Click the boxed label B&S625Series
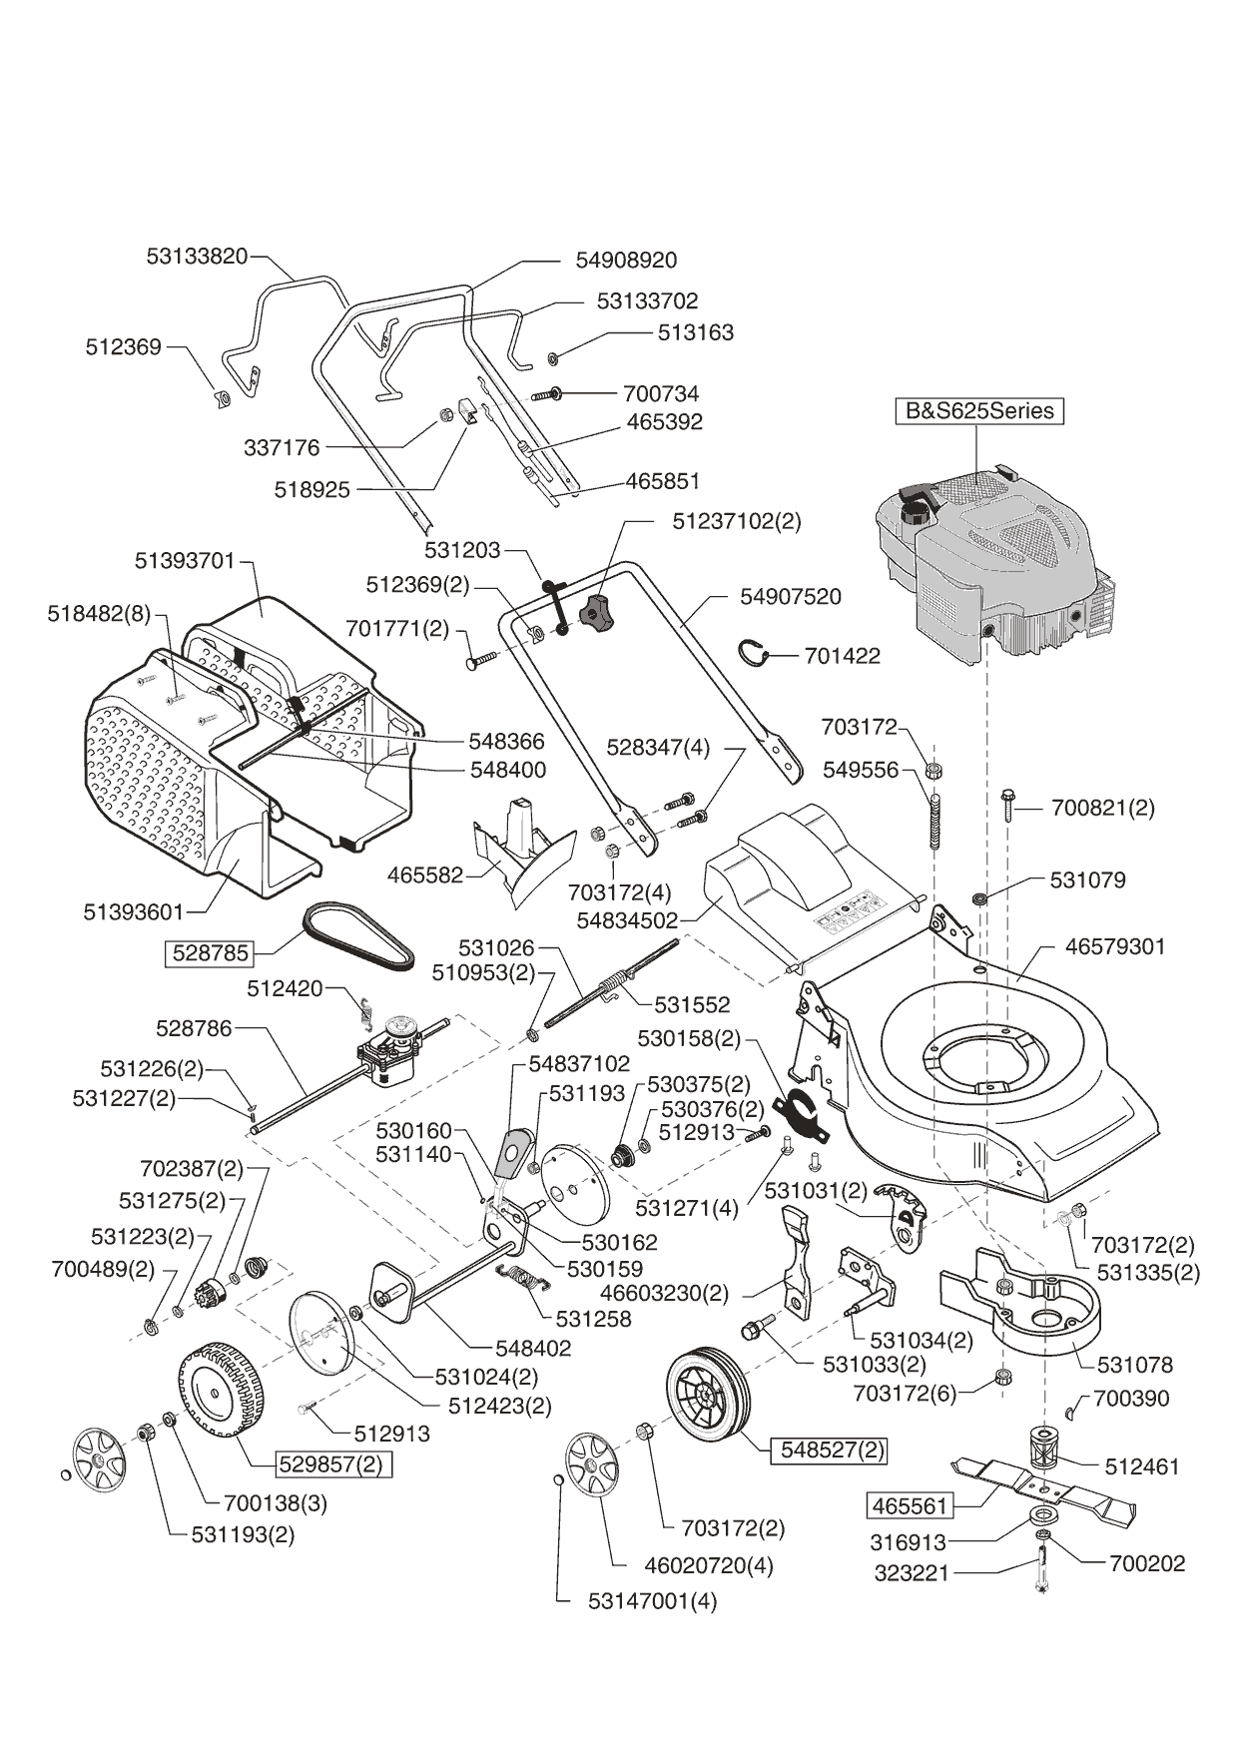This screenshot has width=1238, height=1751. click(978, 411)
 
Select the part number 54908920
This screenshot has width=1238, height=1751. click(626, 261)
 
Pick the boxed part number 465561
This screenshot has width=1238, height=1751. click(910, 1505)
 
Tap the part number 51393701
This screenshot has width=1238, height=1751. click(185, 561)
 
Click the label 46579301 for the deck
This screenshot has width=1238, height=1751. click(1115, 946)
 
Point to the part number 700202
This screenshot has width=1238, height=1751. click(1147, 1564)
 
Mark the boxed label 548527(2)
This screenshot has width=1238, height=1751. click(829, 1450)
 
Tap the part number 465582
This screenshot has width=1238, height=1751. click(425, 875)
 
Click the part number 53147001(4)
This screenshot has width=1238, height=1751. click(652, 1601)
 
